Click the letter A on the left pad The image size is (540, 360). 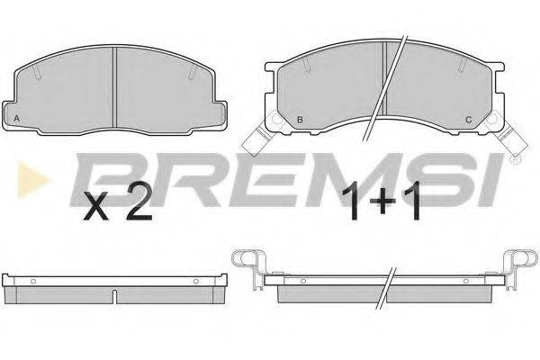click(16, 119)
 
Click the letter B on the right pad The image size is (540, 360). click(300, 120)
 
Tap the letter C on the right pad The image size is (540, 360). click(468, 120)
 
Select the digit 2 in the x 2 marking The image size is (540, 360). click(139, 202)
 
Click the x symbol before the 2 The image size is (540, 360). click(96, 206)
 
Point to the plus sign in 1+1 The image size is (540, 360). click(382, 202)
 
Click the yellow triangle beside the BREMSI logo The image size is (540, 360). click(32, 179)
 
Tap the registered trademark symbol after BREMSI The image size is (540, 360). click(516, 159)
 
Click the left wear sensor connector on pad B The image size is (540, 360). click(256, 139)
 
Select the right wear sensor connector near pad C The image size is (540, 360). click(509, 139)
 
